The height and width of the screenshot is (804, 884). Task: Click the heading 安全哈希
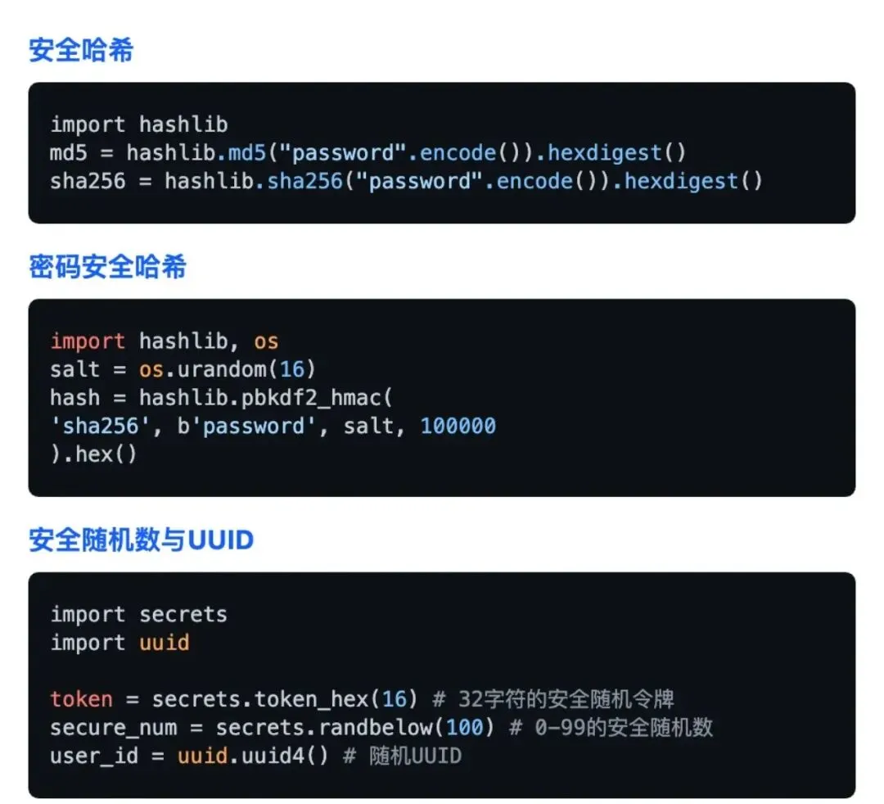[x=81, y=51]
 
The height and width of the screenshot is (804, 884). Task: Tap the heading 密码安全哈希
[x=107, y=267]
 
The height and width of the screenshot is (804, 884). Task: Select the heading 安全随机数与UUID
[x=141, y=540]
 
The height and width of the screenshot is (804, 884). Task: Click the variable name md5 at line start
[x=69, y=153]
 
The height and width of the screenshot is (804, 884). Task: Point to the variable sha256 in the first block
[x=88, y=181]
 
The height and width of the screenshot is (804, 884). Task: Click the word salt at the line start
[x=75, y=369]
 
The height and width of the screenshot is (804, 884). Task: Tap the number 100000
[x=458, y=426]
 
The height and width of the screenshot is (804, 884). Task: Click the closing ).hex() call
[x=94, y=454]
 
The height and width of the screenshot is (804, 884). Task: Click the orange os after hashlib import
[x=266, y=341]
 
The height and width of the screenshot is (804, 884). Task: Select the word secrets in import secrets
[x=183, y=615]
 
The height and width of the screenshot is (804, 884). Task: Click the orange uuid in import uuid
[x=164, y=643]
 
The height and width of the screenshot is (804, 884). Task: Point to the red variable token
[x=81, y=699]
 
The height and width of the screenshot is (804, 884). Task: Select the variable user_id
[x=94, y=755]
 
